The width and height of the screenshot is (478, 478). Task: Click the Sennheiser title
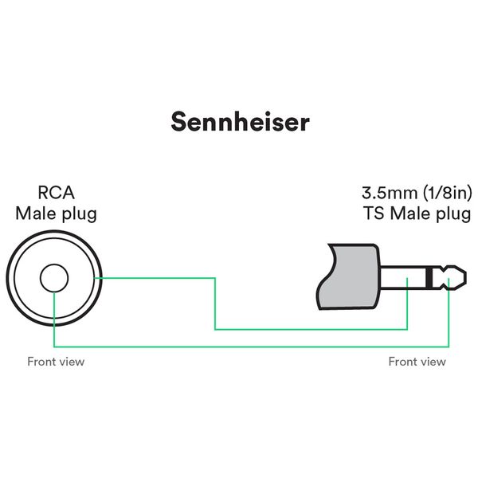pyautogui.click(x=240, y=122)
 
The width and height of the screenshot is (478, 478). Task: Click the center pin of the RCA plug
pyautogui.click(x=54, y=278)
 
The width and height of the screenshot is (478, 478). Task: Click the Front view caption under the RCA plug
pyautogui.click(x=56, y=362)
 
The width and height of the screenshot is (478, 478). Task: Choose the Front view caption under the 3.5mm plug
pyautogui.click(x=417, y=362)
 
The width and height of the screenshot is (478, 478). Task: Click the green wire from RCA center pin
pyautogui.click(x=239, y=347)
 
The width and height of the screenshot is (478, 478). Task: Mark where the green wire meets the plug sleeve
pyautogui.click(x=408, y=291)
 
